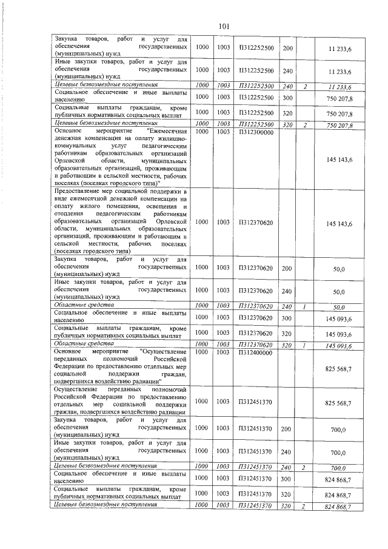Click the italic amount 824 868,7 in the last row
click(x=339, y=506)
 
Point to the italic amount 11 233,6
click(x=340, y=87)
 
